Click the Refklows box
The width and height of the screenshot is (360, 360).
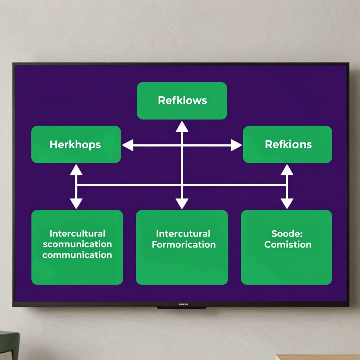(x=182, y=101)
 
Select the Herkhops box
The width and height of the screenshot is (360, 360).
(x=76, y=144)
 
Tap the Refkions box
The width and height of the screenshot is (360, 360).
(x=288, y=144)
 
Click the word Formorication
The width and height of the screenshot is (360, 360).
(x=184, y=245)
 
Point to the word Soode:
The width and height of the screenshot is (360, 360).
(x=287, y=233)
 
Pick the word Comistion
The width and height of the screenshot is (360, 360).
(x=288, y=245)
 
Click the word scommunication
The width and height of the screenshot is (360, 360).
(x=77, y=244)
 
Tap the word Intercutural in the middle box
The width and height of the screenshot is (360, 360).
(x=183, y=234)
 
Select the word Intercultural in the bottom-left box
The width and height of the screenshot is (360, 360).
(x=77, y=233)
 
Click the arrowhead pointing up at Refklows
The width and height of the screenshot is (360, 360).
(x=182, y=127)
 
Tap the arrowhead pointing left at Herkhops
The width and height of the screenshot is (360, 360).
(x=128, y=145)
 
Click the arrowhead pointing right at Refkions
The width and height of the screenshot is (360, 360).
(x=237, y=145)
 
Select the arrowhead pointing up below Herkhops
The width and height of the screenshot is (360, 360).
(x=76, y=170)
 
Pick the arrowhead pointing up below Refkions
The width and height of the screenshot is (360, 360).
(x=287, y=170)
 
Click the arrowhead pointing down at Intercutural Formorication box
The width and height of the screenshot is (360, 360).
(x=182, y=204)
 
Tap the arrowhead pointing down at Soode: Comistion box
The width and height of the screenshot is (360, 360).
(x=287, y=204)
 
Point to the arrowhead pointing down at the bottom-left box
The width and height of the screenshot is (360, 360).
(x=76, y=204)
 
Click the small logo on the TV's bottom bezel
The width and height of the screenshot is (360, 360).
(x=184, y=304)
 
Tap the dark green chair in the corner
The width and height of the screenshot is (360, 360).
(x=9, y=345)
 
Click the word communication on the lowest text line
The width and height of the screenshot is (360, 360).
(x=77, y=255)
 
